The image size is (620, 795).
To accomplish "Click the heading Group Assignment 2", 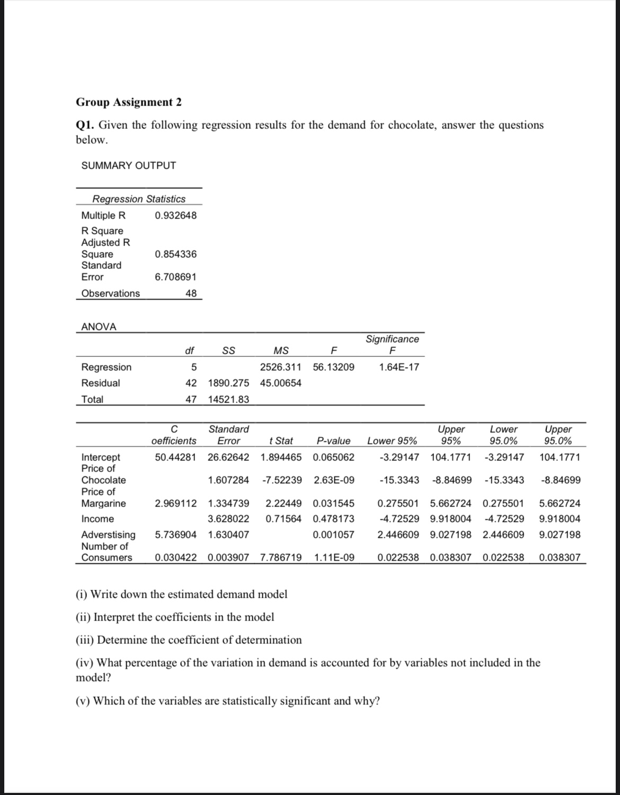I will click(129, 102).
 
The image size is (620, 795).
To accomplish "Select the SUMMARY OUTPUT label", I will click(129, 165).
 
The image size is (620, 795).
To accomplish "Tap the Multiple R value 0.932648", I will click(175, 215).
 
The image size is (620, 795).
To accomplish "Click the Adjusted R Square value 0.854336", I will click(175, 254).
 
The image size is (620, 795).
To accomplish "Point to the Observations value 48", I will click(191, 293).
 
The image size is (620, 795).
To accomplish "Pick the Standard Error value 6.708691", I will click(175, 277).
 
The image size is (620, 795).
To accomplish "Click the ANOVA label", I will click(99, 327).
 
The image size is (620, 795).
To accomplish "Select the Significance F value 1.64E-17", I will click(399, 367).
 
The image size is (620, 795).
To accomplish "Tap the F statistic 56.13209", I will click(334, 367).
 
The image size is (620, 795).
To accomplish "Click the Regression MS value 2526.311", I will click(281, 367).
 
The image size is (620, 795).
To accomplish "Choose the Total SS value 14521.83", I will click(228, 399).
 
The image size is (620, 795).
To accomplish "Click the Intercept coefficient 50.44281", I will click(175, 457).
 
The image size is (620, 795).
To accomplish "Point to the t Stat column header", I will click(281, 441).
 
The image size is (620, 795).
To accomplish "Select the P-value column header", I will click(333, 441).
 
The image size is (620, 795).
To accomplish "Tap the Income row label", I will click(98, 519).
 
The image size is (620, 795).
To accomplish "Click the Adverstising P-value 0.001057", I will click(334, 535).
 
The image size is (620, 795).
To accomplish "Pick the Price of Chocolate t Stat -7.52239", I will click(282, 480).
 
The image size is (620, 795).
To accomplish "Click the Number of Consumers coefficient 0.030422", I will click(175, 557).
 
